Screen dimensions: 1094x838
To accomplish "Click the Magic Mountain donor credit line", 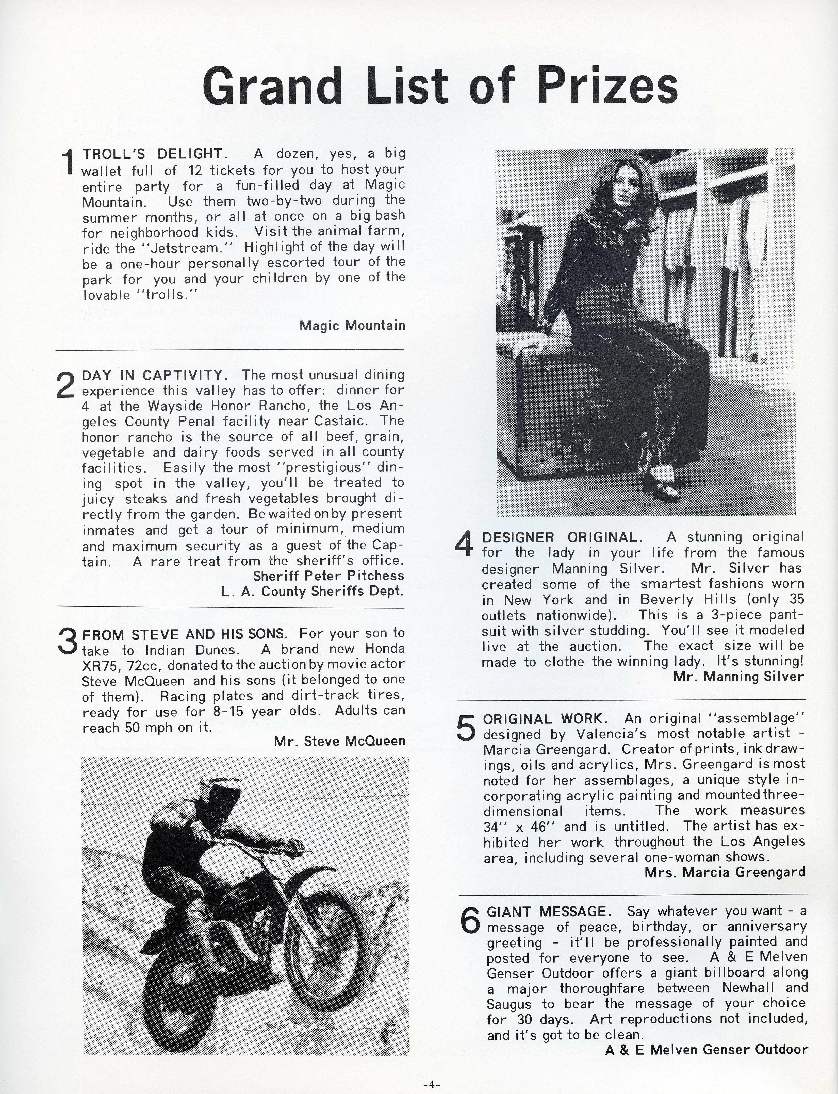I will tap(352, 326).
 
